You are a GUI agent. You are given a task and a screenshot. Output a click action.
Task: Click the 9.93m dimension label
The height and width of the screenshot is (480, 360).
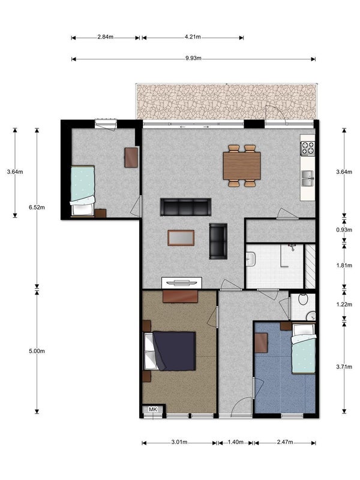pyautogui.click(x=193, y=58)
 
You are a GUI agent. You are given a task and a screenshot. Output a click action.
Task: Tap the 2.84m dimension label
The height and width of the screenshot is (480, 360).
pyautogui.click(x=106, y=37)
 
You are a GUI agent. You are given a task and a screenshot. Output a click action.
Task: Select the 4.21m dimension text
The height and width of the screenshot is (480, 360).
pyautogui.click(x=193, y=37)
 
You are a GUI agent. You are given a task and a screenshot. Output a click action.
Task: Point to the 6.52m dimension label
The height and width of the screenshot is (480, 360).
pyautogui.click(x=37, y=208)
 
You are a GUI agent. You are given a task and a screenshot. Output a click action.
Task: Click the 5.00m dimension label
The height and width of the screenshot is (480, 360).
pyautogui.click(x=37, y=351)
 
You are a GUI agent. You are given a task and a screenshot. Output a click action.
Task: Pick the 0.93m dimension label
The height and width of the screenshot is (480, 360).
pyautogui.click(x=344, y=230)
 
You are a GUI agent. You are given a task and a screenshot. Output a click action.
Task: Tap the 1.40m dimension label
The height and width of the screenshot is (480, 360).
pyautogui.click(x=235, y=442)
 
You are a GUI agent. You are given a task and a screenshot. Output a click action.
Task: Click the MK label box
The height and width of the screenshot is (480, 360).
pyautogui.click(x=153, y=409)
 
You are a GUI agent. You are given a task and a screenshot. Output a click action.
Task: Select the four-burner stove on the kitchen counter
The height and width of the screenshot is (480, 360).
pyautogui.click(x=308, y=148)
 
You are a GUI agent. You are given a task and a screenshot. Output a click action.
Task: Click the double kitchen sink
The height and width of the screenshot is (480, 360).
pyautogui.click(x=308, y=178)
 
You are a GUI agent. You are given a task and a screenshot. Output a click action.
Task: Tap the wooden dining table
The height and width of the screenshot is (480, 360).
pyautogui.click(x=242, y=166)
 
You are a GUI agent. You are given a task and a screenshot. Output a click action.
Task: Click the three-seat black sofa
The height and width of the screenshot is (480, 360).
pyautogui.click(x=185, y=207)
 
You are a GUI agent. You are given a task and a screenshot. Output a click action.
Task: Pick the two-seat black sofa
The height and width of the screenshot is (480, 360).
pyautogui.click(x=218, y=241)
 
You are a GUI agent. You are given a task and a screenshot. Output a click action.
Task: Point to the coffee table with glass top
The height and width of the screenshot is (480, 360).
pyautogui.click(x=181, y=238)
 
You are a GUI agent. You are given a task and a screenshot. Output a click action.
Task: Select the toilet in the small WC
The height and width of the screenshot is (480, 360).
pyautogui.click(x=303, y=299)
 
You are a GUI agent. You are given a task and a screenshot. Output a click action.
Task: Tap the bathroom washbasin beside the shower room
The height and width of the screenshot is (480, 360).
pyautogui.click(x=251, y=259)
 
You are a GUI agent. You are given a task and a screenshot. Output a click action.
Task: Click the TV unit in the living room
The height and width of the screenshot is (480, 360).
pyautogui.click(x=182, y=283)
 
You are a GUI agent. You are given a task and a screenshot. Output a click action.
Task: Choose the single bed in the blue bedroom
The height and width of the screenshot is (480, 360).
pyautogui.click(x=304, y=349)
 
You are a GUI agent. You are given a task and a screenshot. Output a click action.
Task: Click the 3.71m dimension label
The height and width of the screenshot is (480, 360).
pyautogui.click(x=344, y=367)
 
